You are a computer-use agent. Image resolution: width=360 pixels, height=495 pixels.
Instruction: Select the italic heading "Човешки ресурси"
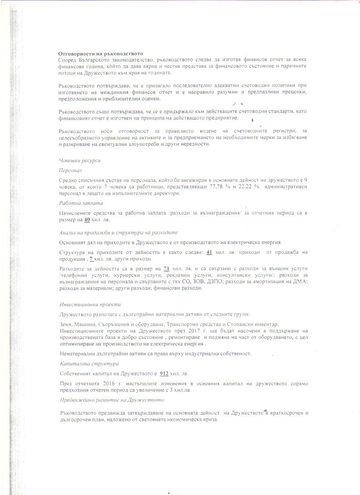coord(80,161)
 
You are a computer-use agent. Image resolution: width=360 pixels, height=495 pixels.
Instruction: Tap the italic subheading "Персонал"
coord(70,170)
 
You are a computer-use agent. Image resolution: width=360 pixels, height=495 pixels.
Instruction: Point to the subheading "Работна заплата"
coord(81,203)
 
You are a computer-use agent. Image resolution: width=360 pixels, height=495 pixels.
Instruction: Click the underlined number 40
coord(86,220)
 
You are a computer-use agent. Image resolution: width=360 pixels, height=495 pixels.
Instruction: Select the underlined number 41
coord(208,252)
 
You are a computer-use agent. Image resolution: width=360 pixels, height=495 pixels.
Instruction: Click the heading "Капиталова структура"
coord(89,364)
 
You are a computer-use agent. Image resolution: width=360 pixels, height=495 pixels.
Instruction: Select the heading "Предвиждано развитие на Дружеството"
coord(111,400)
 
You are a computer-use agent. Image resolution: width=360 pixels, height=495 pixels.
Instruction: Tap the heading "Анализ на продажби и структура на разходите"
coord(118,233)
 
